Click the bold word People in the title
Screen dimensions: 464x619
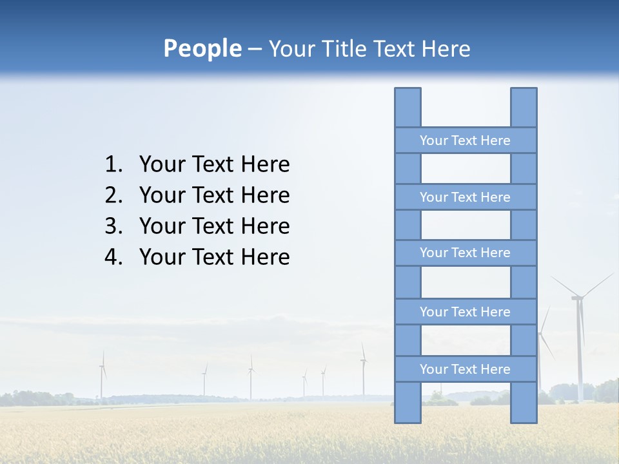tap(202, 48)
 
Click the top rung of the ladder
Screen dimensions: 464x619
tap(465, 140)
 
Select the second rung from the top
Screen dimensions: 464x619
tap(465, 197)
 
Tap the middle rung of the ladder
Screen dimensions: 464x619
tap(465, 253)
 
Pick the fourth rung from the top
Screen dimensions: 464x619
tap(465, 312)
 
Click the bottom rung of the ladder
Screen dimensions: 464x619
tap(465, 369)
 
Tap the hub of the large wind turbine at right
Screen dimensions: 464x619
tap(577, 298)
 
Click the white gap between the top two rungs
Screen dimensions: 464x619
tap(466, 169)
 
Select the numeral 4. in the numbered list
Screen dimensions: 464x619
tap(113, 257)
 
